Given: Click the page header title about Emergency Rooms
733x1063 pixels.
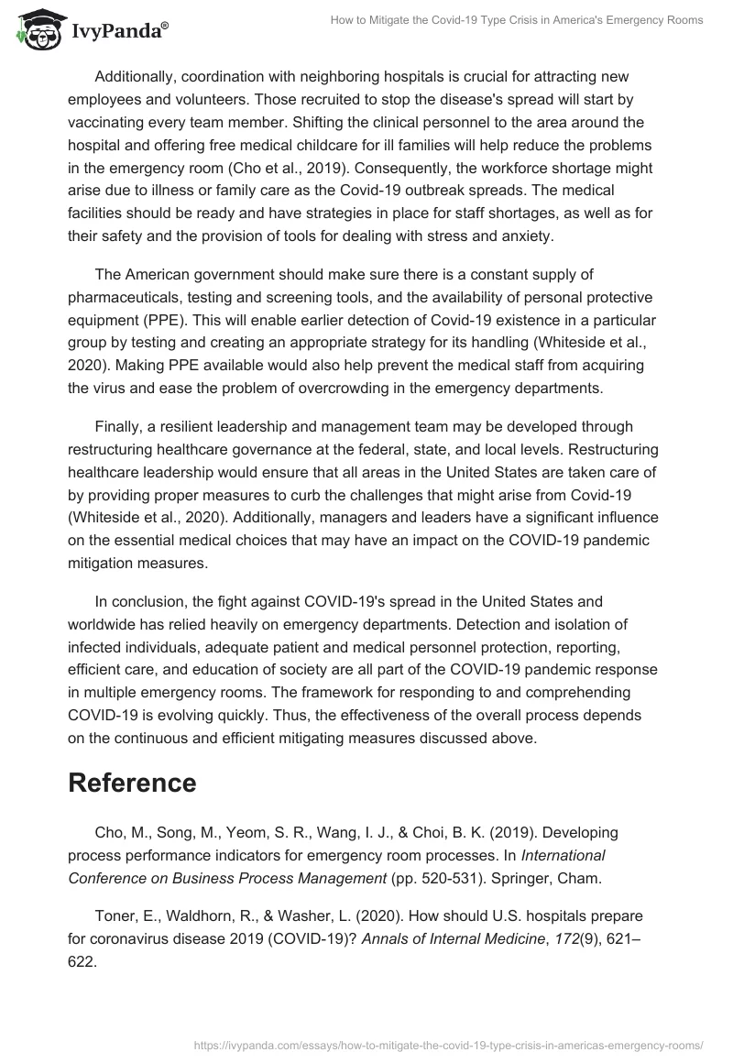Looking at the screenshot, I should pos(517,20).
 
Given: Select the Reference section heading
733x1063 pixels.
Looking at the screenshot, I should pos(132,783).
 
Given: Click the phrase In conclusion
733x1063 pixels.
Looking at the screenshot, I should pos(141,602).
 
